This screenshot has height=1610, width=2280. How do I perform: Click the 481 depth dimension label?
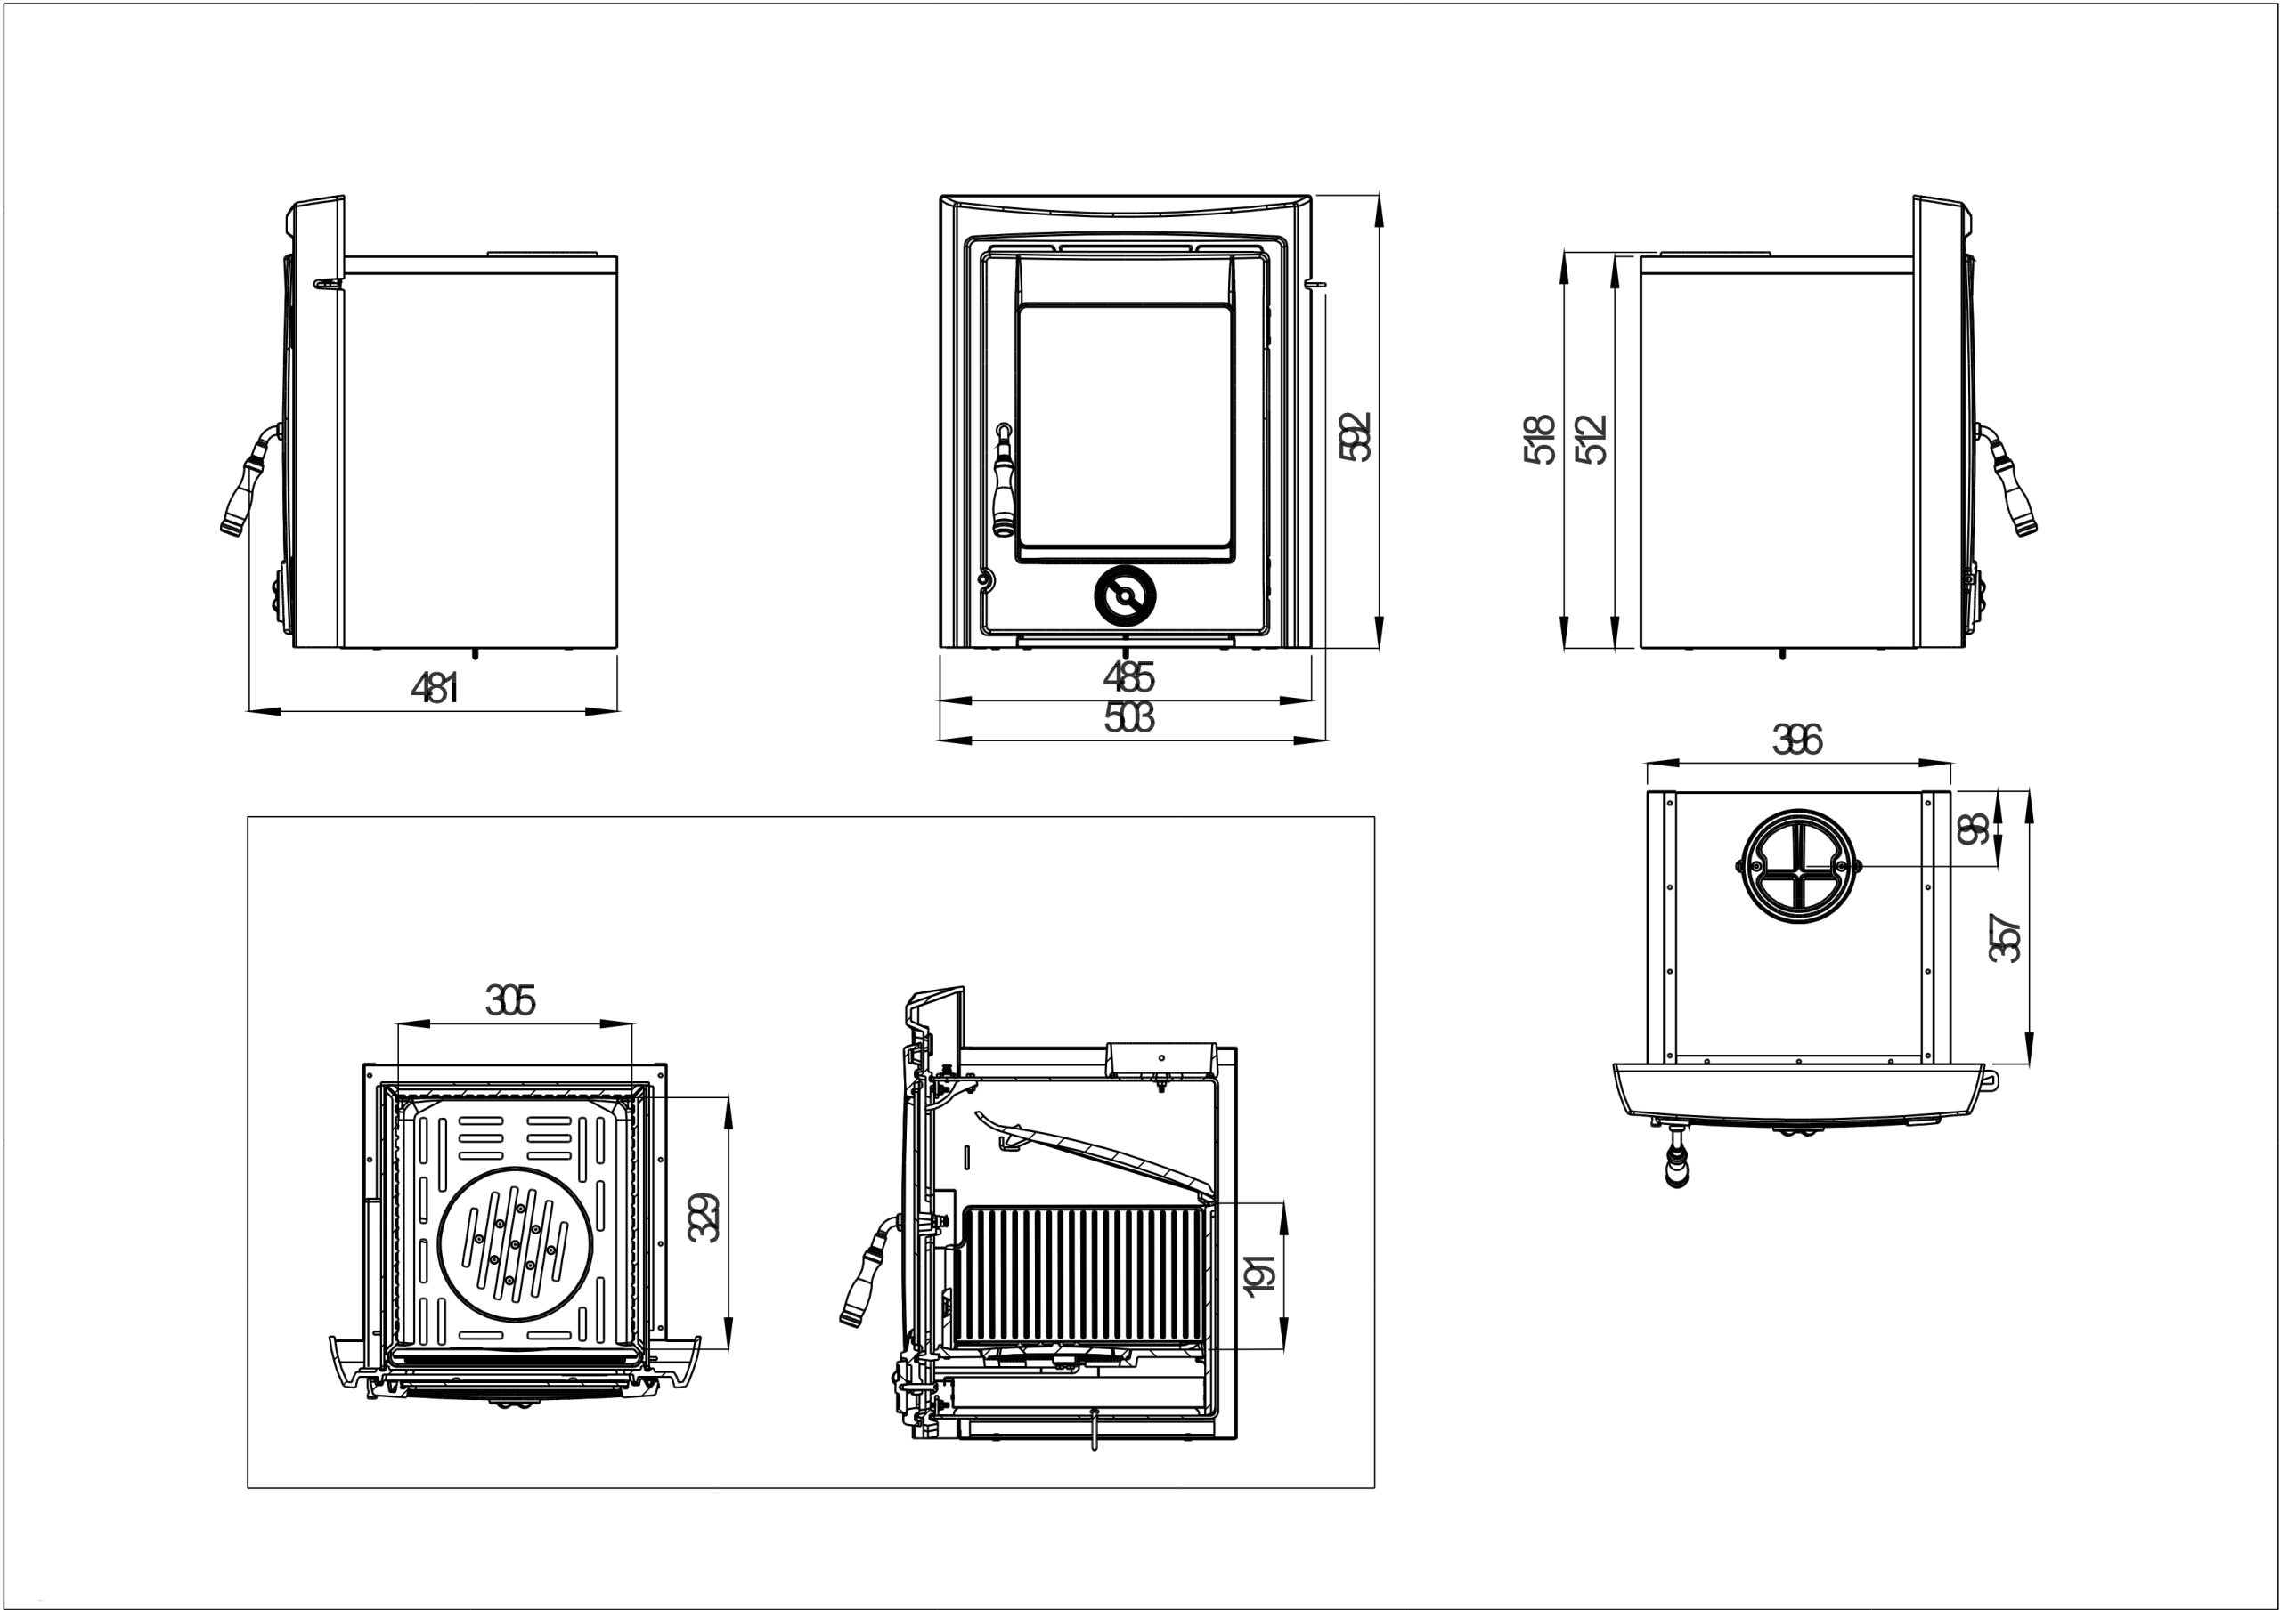(435, 687)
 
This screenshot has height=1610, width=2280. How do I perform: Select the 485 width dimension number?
(1128, 677)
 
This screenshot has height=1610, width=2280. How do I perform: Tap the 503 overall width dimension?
(1128, 716)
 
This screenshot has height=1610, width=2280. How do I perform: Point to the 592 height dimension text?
(1355, 437)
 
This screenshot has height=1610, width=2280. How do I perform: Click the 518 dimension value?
(1538, 440)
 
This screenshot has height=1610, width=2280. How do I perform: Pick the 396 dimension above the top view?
(1796, 740)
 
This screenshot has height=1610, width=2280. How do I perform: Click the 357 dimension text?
(2005, 938)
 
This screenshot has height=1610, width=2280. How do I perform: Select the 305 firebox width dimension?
(510, 1000)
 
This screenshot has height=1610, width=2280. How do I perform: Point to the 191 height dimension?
(1259, 1274)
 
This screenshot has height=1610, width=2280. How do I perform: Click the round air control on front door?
(1125, 595)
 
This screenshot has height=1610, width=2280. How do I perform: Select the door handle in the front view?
(1003, 481)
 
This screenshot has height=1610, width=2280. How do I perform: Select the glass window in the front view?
(1125, 427)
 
